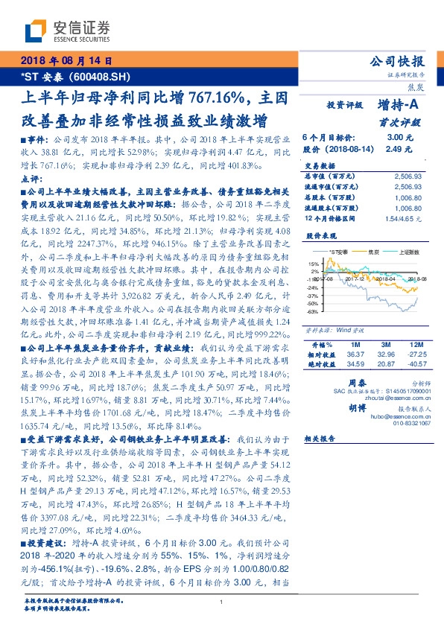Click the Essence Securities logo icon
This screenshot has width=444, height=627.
(35, 29)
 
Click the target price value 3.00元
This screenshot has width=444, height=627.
(397, 138)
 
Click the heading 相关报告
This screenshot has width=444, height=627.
(321, 439)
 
